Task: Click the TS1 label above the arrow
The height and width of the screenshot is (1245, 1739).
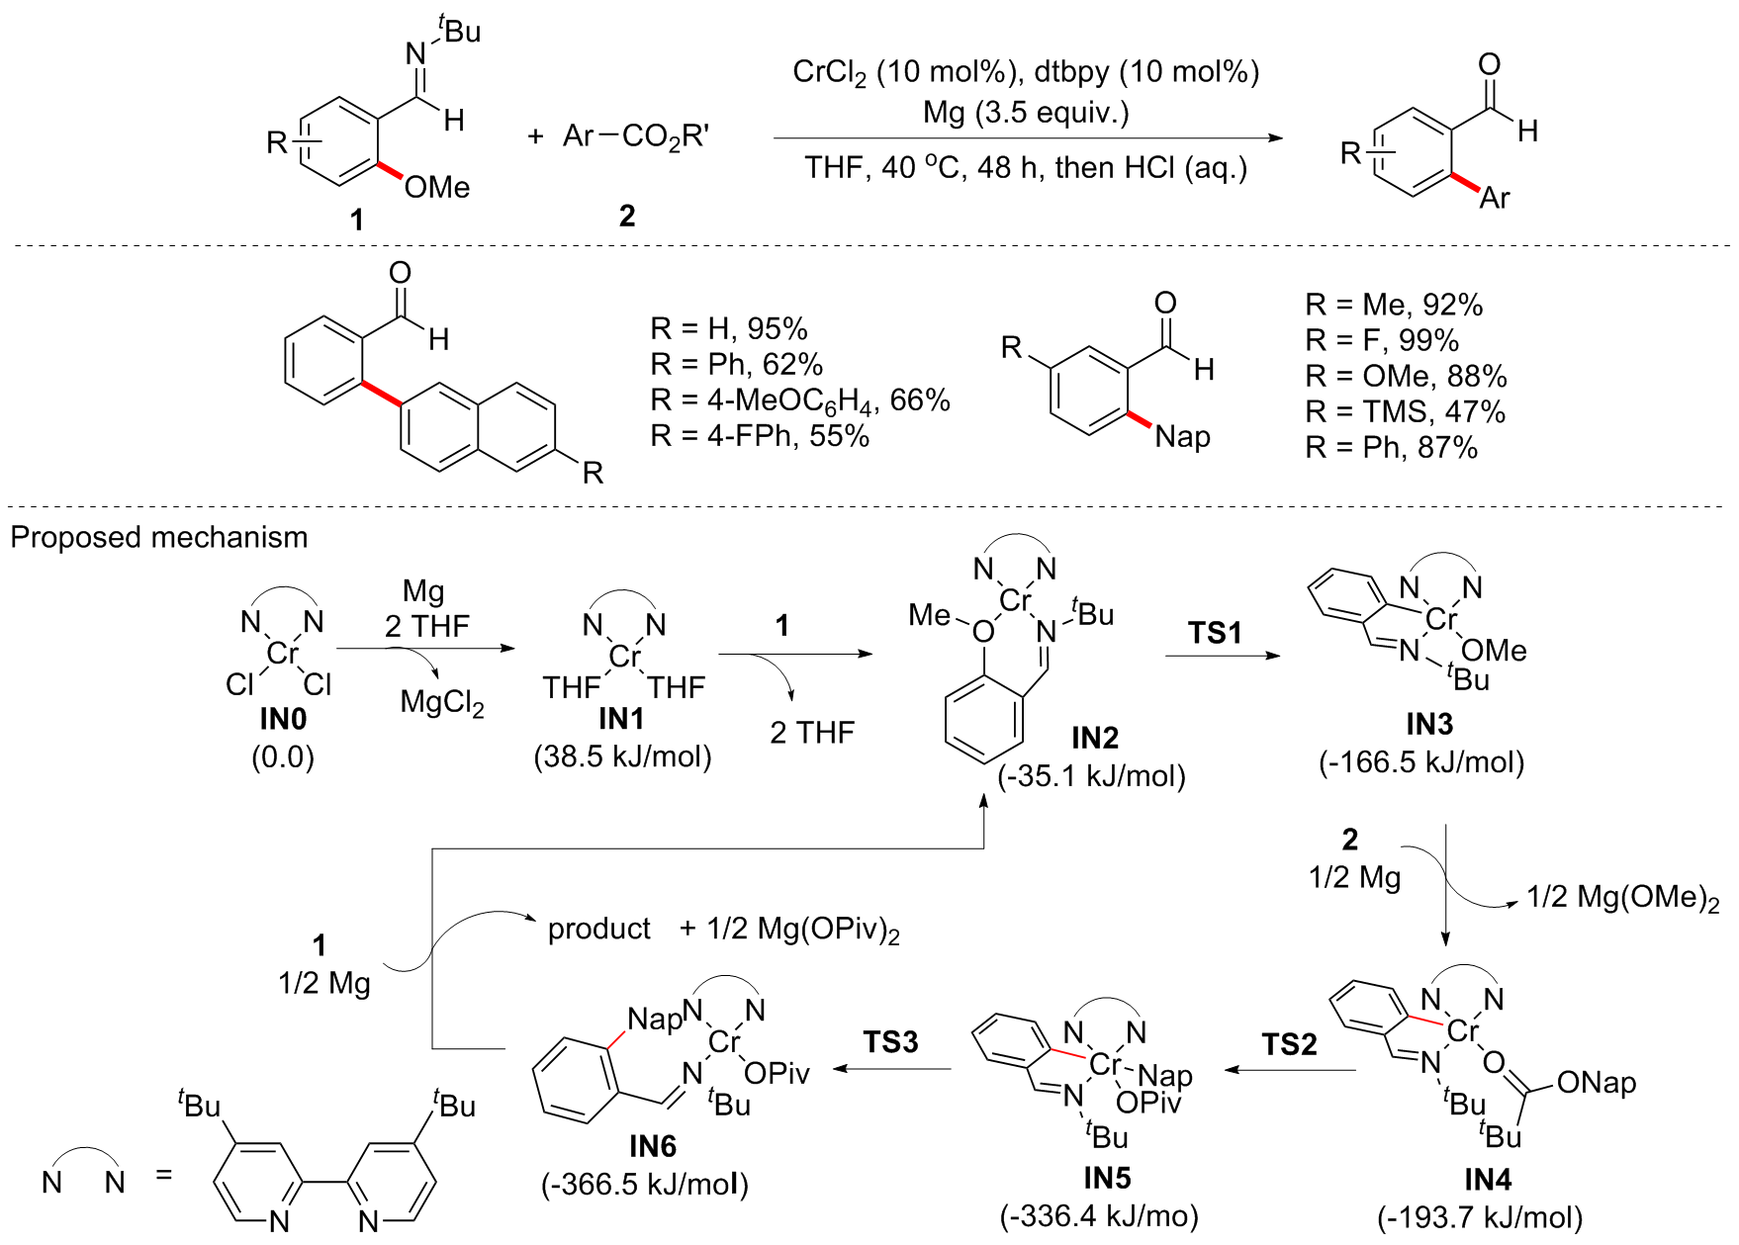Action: (x=1214, y=632)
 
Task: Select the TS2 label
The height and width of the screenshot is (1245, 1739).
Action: (x=1289, y=1044)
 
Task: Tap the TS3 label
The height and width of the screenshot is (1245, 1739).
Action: (x=890, y=1042)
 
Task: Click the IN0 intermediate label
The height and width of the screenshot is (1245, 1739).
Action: (x=283, y=720)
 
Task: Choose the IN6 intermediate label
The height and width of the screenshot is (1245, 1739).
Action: (x=653, y=1146)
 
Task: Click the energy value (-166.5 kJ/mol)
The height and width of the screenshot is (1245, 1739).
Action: (x=1421, y=762)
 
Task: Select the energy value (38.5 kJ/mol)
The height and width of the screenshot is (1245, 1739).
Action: (x=623, y=757)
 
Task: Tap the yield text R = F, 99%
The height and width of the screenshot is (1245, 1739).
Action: (x=1382, y=341)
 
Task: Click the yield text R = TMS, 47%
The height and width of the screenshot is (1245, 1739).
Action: (x=1405, y=412)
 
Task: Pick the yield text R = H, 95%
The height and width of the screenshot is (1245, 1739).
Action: (x=729, y=329)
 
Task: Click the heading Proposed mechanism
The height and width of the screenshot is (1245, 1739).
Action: (x=159, y=537)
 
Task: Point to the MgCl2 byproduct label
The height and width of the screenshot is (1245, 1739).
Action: (x=442, y=702)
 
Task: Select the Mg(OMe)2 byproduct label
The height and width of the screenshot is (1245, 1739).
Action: (x=1622, y=898)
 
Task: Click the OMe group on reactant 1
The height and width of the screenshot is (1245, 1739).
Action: (x=437, y=187)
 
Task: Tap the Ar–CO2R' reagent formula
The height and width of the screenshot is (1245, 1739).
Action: (x=635, y=136)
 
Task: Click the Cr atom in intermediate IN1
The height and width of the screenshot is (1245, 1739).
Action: (x=625, y=656)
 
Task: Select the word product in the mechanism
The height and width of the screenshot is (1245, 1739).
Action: (x=599, y=930)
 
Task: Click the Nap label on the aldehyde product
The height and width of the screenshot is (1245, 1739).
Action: (x=1182, y=436)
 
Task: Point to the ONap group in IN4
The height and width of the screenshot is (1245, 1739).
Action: (x=1596, y=1083)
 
